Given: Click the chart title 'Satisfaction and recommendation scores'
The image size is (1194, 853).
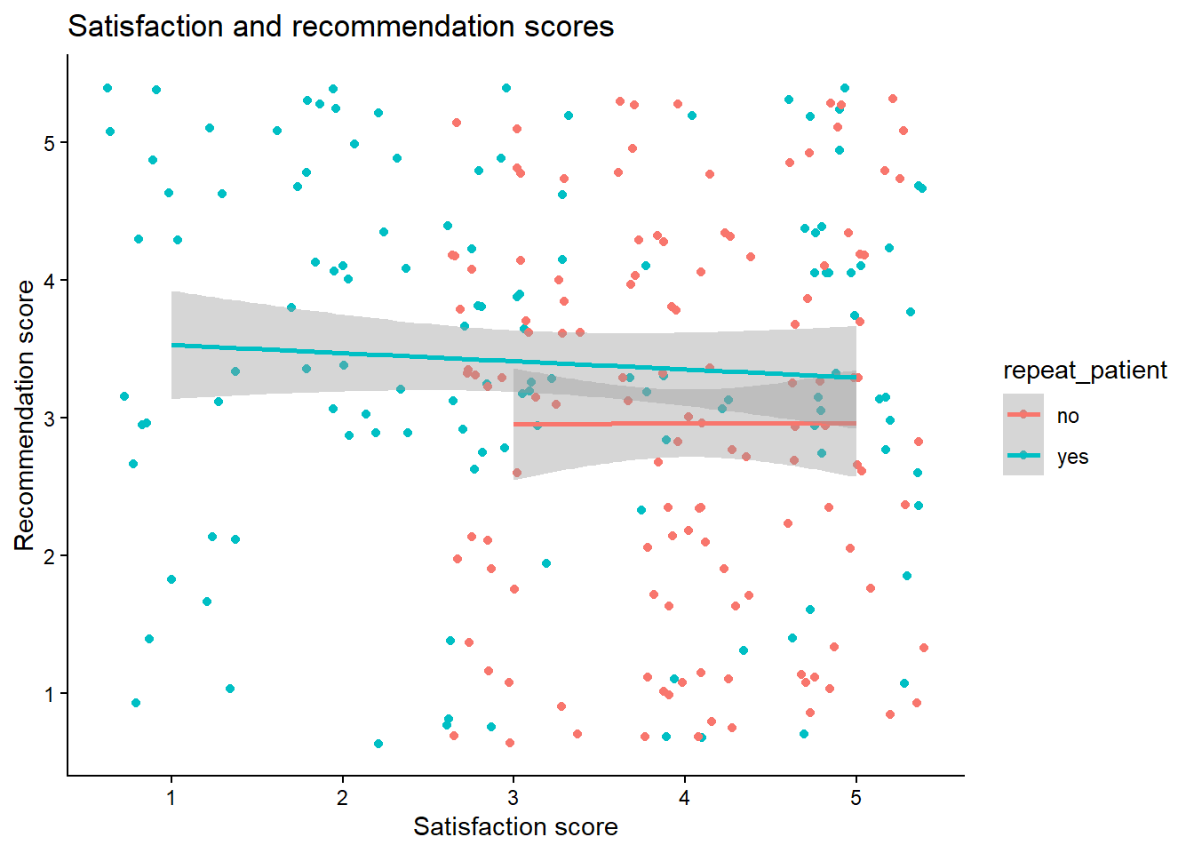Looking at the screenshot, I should click(340, 27).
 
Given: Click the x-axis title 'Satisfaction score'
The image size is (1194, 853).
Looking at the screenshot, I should click(515, 827).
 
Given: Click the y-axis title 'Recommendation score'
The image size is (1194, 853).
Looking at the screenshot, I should click(25, 415).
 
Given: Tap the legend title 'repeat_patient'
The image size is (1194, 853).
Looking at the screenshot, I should click(1085, 371).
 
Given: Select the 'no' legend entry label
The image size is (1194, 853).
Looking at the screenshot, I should click(1068, 416).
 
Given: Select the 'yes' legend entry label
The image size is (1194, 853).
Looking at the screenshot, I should click(1072, 457).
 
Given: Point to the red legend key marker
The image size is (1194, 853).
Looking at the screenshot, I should click(1023, 415).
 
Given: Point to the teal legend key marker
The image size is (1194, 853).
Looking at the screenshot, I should click(1023, 456).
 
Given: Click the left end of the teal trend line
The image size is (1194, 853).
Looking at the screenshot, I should click(172, 345).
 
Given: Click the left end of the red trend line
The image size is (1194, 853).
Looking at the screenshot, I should click(514, 425).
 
